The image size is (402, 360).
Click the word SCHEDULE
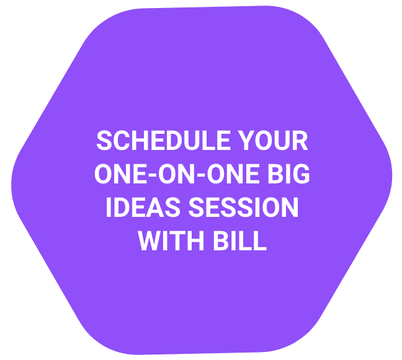point(163,140)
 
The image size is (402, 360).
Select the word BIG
point(288,173)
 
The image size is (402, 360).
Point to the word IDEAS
point(143,207)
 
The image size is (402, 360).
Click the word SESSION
point(244,207)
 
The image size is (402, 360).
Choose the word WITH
point(171,240)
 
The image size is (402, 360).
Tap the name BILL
point(240,240)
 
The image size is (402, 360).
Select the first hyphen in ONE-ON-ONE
point(152,175)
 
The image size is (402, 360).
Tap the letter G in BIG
point(301,173)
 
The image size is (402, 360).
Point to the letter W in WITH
point(151,240)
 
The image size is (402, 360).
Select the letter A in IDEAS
point(155,207)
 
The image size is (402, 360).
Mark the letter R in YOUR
point(300,140)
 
